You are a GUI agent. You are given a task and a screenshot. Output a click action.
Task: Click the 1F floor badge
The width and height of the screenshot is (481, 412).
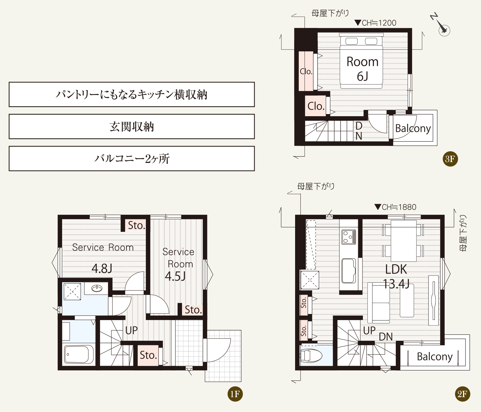click(235, 394)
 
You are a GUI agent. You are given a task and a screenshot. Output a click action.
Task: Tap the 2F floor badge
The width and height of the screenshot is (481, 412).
click(462, 394)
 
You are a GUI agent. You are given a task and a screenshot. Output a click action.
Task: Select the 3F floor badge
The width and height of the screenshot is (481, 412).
click(450, 159)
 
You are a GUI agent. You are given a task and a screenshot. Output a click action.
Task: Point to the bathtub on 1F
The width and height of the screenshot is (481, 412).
click(79, 354)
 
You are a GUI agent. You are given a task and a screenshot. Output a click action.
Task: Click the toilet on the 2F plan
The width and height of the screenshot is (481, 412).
click(311, 355)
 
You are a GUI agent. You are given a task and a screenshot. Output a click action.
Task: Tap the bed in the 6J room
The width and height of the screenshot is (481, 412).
click(361, 62)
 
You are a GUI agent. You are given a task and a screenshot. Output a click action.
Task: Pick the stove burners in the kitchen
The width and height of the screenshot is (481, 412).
click(349, 237)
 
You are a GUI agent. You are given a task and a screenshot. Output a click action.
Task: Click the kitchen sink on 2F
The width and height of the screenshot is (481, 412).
click(349, 271)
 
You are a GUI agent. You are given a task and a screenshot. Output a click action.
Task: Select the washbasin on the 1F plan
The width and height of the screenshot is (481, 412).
click(97, 288)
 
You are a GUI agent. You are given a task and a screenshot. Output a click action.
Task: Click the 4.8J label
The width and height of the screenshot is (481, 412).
click(102, 268)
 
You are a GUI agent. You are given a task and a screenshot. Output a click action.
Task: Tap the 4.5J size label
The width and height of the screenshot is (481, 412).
click(175, 276)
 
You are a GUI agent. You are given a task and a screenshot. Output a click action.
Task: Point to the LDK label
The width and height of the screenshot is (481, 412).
click(396, 269)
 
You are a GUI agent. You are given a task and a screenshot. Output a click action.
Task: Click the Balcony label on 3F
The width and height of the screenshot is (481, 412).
click(413, 128)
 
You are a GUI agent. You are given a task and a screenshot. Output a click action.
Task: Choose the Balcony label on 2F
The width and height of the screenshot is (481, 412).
click(435, 356)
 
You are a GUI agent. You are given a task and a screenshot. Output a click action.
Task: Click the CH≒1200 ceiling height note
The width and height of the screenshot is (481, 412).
click(375, 23)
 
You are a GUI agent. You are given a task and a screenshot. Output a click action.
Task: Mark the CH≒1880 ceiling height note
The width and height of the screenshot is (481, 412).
click(395, 207)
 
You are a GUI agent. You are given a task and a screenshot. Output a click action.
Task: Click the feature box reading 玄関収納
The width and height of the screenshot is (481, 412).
click(132, 127)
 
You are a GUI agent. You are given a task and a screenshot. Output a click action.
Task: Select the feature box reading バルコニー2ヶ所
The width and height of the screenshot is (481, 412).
click(132, 159)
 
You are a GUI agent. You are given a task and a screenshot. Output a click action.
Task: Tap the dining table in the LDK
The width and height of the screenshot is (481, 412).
click(404, 241)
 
